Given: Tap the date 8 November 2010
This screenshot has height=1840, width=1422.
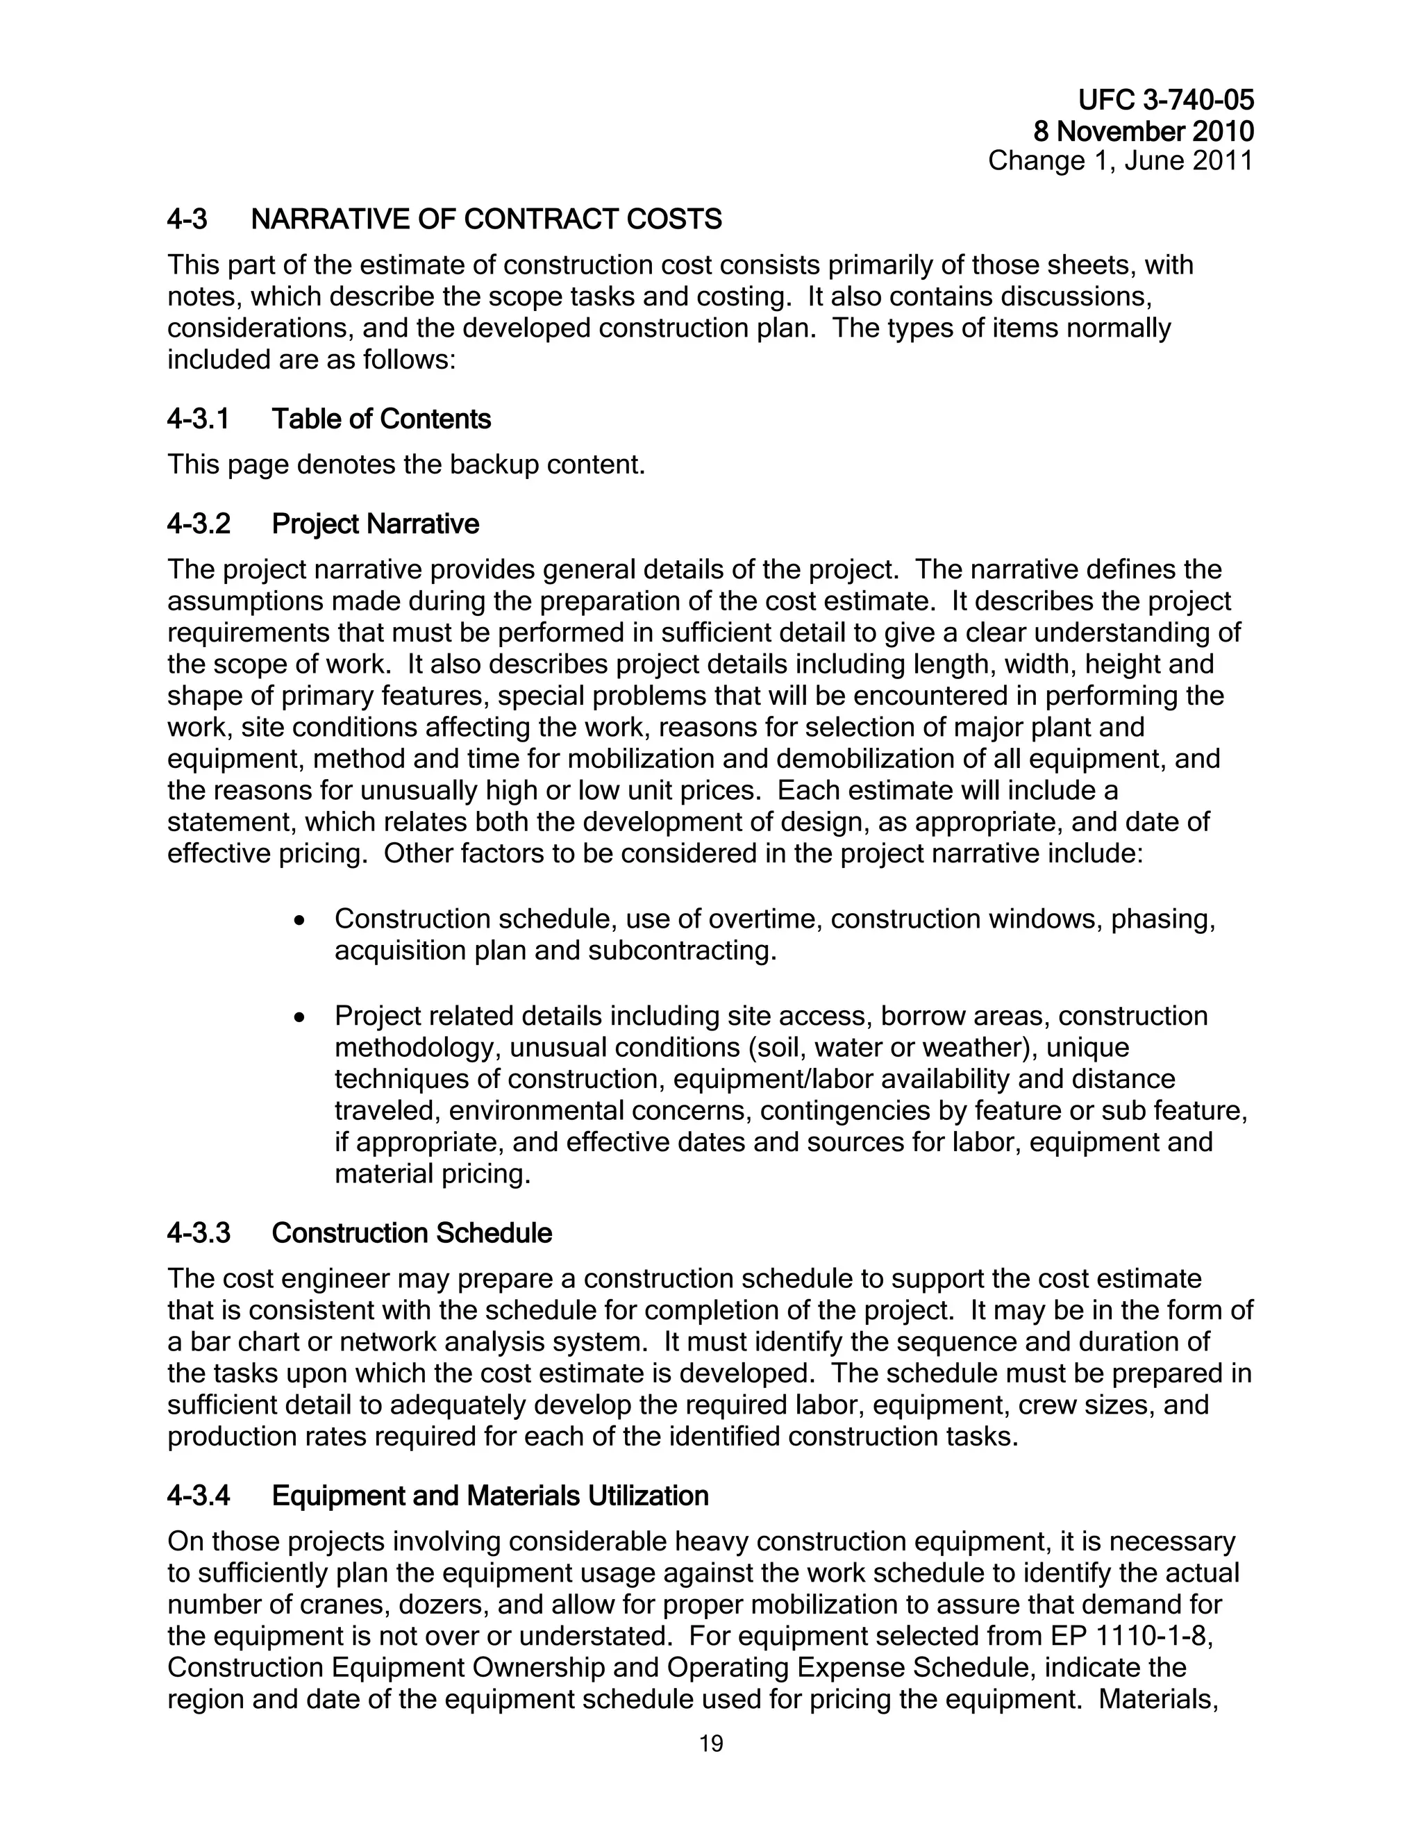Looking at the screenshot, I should coord(1143,131).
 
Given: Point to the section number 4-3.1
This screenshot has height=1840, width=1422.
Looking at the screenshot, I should coord(198,419).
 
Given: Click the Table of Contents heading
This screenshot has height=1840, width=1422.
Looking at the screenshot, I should coord(380,419).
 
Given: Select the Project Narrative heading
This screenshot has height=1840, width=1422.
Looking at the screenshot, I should coord(375,524).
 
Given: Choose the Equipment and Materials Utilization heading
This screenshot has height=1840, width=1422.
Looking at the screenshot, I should coord(490,1496).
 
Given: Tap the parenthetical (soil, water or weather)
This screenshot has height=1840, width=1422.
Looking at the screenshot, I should coord(872,1048).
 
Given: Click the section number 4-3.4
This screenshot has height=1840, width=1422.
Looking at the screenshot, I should coord(198,1496).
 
